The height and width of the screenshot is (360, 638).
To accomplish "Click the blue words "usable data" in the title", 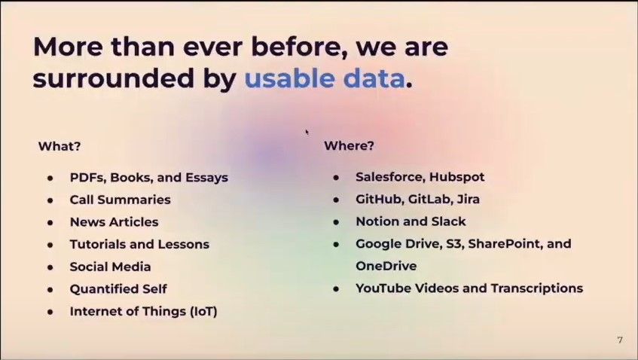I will (324, 79).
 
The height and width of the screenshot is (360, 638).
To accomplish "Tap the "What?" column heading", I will (60, 146).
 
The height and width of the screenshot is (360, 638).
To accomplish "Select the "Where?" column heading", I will (349, 145).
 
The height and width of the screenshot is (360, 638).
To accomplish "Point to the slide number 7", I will (620, 340).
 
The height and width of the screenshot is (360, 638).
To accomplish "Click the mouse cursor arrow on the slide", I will (307, 132).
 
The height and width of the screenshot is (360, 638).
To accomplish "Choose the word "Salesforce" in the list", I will (389, 178).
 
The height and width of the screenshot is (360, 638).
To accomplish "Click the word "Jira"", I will (467, 200).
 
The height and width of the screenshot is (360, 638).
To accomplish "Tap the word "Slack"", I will (449, 221).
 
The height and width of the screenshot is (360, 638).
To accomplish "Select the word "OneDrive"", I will (386, 266).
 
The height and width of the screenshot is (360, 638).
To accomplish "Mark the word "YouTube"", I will (383, 288).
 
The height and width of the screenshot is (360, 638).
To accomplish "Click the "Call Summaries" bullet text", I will (120, 200).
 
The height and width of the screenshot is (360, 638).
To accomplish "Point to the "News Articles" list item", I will (114, 222).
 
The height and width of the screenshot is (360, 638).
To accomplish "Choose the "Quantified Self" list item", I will (118, 288).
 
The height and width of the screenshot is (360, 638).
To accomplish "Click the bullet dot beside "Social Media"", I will (50, 267).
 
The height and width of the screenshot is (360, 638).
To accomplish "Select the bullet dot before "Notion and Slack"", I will (337, 222).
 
